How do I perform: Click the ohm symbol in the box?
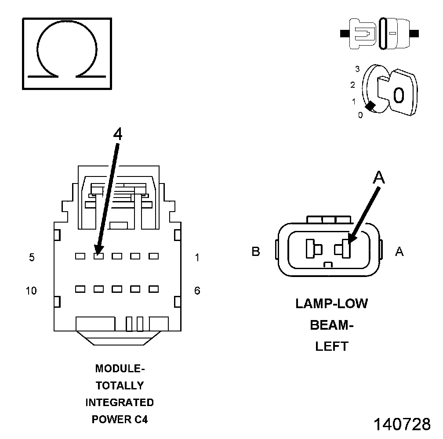click(67, 53)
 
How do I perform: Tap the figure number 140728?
click(402, 425)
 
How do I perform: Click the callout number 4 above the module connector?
click(117, 134)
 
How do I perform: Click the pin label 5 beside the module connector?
click(32, 258)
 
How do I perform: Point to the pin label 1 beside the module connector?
click(197, 258)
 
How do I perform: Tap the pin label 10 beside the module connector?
click(31, 291)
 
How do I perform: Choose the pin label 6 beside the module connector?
click(197, 291)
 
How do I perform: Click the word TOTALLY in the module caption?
click(120, 385)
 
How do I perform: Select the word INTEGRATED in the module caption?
click(120, 403)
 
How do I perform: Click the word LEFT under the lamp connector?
click(332, 346)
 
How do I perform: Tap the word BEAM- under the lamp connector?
click(332, 325)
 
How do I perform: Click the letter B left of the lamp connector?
click(256, 252)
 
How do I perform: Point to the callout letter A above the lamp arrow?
click(378, 178)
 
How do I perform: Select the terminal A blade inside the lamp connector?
click(345, 249)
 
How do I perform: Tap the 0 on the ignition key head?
click(399, 95)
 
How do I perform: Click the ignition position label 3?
click(357, 69)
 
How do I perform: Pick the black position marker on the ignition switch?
click(370, 106)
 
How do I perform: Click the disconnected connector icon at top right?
click(380, 33)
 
